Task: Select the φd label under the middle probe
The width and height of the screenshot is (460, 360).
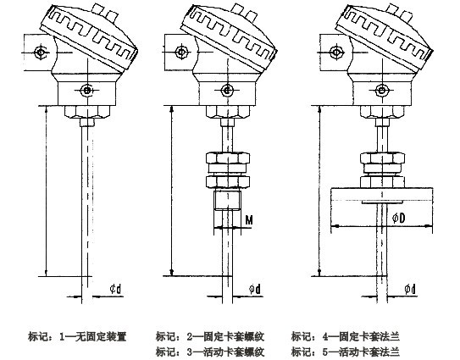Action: point(253,289)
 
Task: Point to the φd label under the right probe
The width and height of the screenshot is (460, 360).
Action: point(410,289)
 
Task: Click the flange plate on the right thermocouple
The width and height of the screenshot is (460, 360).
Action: point(372,194)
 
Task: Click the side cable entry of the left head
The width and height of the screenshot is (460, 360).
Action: point(39,54)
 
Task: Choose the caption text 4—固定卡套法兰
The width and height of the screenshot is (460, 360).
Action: point(344,335)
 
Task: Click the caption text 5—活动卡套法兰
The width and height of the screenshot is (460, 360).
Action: point(344,351)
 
